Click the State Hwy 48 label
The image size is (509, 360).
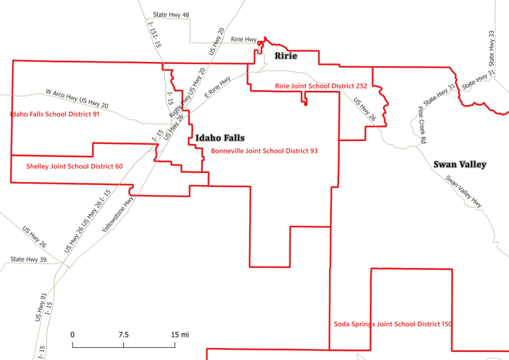(171, 14)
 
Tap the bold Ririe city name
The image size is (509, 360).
(284, 56)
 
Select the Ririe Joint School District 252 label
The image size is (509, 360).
(321, 86)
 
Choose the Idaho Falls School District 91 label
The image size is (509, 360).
(55, 114)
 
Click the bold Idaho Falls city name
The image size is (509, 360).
(220, 138)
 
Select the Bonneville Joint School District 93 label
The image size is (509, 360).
(264, 151)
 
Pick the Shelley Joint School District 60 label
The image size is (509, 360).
(74, 166)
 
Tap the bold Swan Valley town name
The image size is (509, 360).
(460, 164)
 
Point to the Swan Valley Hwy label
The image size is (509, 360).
(463, 192)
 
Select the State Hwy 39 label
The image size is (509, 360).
(29, 259)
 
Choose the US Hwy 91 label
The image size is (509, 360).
(43, 307)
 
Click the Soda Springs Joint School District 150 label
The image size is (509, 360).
(393, 324)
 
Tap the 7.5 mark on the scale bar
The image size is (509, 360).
(123, 335)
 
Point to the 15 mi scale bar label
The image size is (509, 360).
(179, 335)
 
